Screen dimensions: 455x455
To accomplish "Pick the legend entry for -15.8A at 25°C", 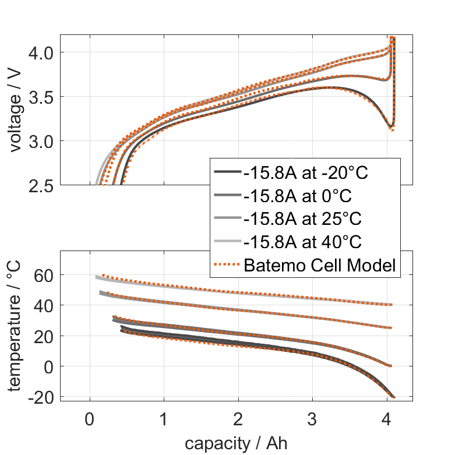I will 302,219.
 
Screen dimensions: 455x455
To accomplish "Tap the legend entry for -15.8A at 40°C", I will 302,242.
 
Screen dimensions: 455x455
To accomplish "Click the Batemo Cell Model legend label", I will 320,266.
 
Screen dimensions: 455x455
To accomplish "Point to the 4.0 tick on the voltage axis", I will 40,52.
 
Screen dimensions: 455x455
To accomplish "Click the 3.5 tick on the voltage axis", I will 40,97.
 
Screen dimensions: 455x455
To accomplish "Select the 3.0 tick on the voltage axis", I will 40,141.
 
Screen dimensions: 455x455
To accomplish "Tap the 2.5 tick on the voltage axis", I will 40,185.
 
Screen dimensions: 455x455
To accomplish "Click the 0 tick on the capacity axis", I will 89,418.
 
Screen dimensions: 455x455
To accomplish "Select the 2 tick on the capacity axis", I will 238,418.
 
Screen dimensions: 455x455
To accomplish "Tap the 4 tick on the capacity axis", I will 386,418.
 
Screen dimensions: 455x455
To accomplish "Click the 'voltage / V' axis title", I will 16,111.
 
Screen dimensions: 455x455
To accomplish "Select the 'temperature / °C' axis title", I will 16,326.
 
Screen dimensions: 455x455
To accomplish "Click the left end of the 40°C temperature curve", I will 97,277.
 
